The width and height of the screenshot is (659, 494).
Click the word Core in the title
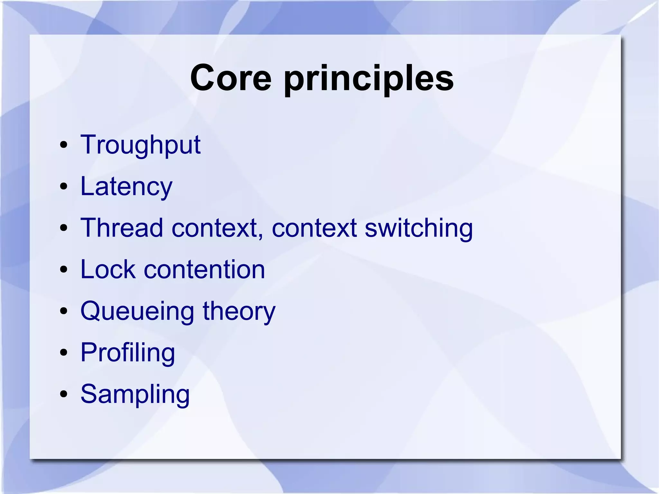point(231,78)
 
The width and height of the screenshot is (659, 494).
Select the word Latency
point(126,187)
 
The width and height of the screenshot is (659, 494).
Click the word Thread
point(122,228)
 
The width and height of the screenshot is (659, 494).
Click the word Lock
point(108,269)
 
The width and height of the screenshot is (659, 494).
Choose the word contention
point(204,269)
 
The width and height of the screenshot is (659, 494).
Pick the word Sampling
point(135,395)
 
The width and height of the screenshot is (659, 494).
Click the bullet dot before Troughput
point(64,145)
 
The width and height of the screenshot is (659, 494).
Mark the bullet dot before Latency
point(64,186)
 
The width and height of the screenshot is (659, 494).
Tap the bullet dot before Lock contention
point(64,269)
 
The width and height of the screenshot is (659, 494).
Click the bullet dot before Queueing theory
point(64,311)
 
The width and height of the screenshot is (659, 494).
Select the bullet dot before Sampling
point(64,394)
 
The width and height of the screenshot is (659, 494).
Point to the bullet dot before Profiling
point(64,352)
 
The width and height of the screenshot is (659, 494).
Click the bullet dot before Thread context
point(64,228)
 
